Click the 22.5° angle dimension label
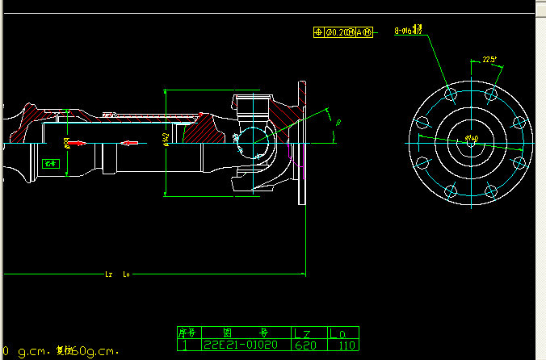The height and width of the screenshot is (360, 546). pyautogui.click(x=489, y=60)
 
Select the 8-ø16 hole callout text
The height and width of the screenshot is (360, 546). pyautogui.click(x=408, y=31)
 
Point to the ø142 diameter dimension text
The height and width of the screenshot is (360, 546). pyautogui.click(x=166, y=141)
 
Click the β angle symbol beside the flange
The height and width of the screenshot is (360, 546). pyautogui.click(x=338, y=123)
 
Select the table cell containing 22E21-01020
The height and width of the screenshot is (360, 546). pyautogui.click(x=240, y=345)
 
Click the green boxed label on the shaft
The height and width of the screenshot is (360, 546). pyautogui.click(x=51, y=163)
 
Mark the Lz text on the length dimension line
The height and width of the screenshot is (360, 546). pyautogui.click(x=109, y=274)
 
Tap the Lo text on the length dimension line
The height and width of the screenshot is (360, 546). pyautogui.click(x=126, y=274)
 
